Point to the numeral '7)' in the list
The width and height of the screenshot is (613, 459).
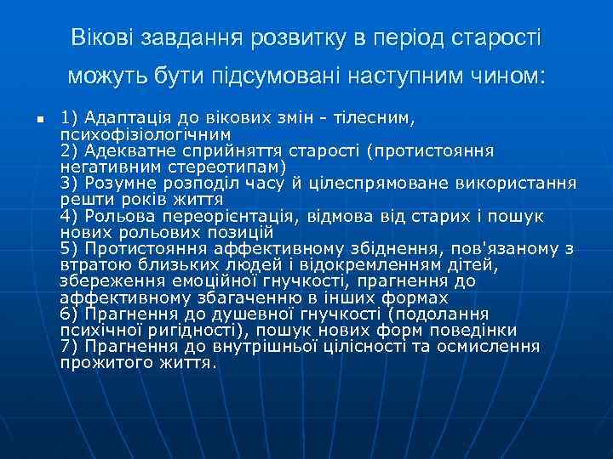point(71,347)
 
